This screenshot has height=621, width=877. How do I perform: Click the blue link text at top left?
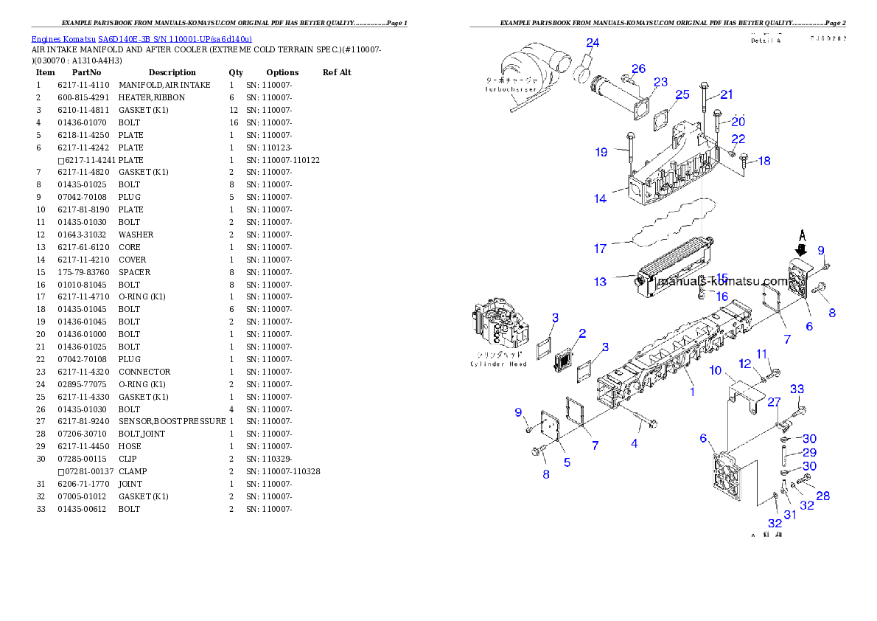pos(141,38)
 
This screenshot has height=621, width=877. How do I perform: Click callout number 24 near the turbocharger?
pos(593,43)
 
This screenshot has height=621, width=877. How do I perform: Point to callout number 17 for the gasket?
pos(600,249)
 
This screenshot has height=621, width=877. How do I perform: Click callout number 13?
pos(600,282)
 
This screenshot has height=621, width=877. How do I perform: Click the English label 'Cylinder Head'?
pos(498,364)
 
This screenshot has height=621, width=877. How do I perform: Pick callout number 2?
pos(581,333)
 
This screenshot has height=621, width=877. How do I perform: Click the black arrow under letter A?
pos(803,251)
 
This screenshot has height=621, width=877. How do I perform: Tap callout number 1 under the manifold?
pos(691,392)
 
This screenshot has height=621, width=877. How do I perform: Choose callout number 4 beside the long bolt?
pos(634,443)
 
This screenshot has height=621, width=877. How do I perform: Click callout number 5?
pos(567,462)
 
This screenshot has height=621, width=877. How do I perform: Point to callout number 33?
pos(797,389)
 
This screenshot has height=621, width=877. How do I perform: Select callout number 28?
pos(822,496)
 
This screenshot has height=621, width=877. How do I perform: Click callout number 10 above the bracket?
pos(716,370)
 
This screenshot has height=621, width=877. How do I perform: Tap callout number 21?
pos(727,94)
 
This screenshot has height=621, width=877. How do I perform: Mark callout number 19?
pos(601,152)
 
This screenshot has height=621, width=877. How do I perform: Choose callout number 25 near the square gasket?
pos(682,94)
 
